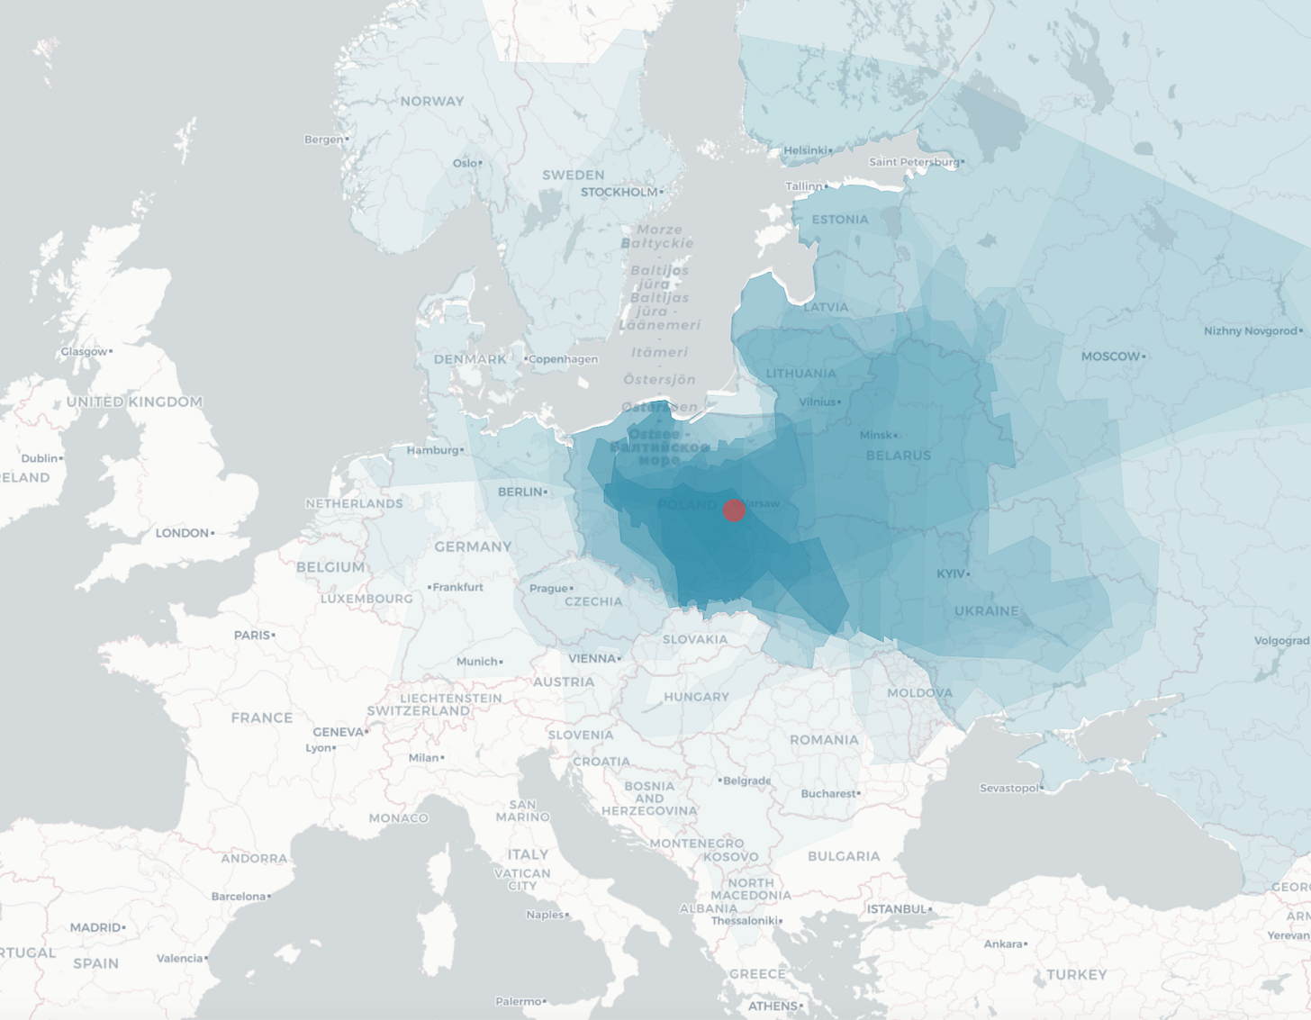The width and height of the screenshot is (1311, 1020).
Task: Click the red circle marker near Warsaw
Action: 734,510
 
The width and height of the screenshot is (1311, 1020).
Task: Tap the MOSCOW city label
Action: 1111,357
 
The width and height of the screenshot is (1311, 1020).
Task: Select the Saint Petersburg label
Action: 914,162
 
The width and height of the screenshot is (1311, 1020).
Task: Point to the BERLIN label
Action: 520,492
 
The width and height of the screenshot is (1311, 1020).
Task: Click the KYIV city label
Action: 951,573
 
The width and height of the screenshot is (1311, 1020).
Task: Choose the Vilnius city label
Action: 818,402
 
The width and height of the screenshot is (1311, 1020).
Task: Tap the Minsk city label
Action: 875,435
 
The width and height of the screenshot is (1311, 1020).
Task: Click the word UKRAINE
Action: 987,610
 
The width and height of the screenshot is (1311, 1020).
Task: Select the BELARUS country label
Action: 899,456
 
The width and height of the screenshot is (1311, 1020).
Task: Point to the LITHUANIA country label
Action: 800,373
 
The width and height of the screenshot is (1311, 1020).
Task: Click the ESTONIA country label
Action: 840,220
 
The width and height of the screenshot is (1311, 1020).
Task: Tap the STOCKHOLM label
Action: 619,192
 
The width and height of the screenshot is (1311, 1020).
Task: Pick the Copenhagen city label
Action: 563,359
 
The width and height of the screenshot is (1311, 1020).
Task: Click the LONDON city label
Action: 182,533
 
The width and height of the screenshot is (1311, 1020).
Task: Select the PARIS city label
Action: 252,635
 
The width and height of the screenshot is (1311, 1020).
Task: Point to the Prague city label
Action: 548,588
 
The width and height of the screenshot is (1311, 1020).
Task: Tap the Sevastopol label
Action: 1009,788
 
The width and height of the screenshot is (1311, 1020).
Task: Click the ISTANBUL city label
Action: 897,909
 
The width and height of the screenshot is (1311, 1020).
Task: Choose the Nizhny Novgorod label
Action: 1250,330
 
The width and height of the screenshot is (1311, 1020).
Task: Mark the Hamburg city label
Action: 433,450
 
